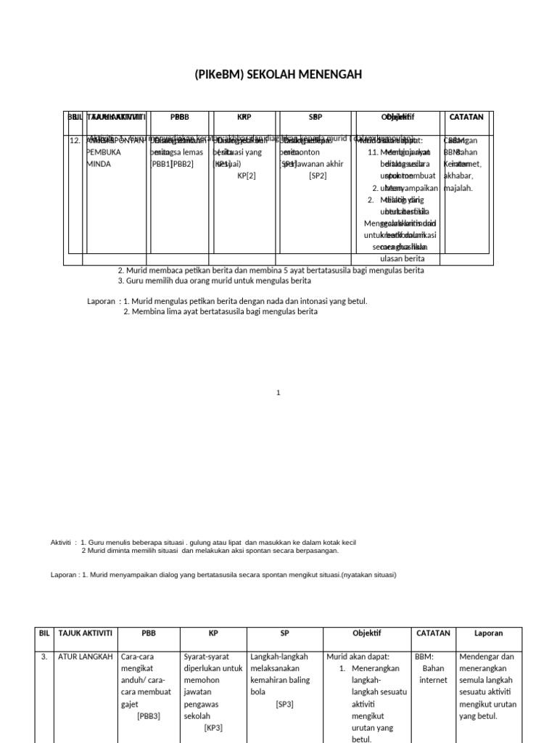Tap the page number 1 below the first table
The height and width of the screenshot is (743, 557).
pos(278,393)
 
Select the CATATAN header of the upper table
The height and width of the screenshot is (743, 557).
pos(466,117)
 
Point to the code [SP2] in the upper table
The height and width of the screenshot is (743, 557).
pos(318,176)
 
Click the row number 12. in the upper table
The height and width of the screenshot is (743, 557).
pos(75,141)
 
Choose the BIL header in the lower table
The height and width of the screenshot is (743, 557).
pos(44,633)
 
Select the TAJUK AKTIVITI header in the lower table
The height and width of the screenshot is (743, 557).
pos(85,633)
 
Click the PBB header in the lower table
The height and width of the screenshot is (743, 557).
pos(149,633)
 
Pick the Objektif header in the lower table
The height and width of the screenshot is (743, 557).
pos(366,633)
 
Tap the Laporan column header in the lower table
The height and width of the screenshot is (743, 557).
pos(488,633)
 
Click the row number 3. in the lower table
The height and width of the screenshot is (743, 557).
pos(44,657)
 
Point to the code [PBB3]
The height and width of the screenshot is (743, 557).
pos(149,716)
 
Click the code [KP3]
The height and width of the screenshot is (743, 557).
pos(213,728)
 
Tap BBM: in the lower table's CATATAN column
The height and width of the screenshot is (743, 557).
pos(424,657)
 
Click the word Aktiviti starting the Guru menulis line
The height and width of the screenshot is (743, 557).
pos(62,543)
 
